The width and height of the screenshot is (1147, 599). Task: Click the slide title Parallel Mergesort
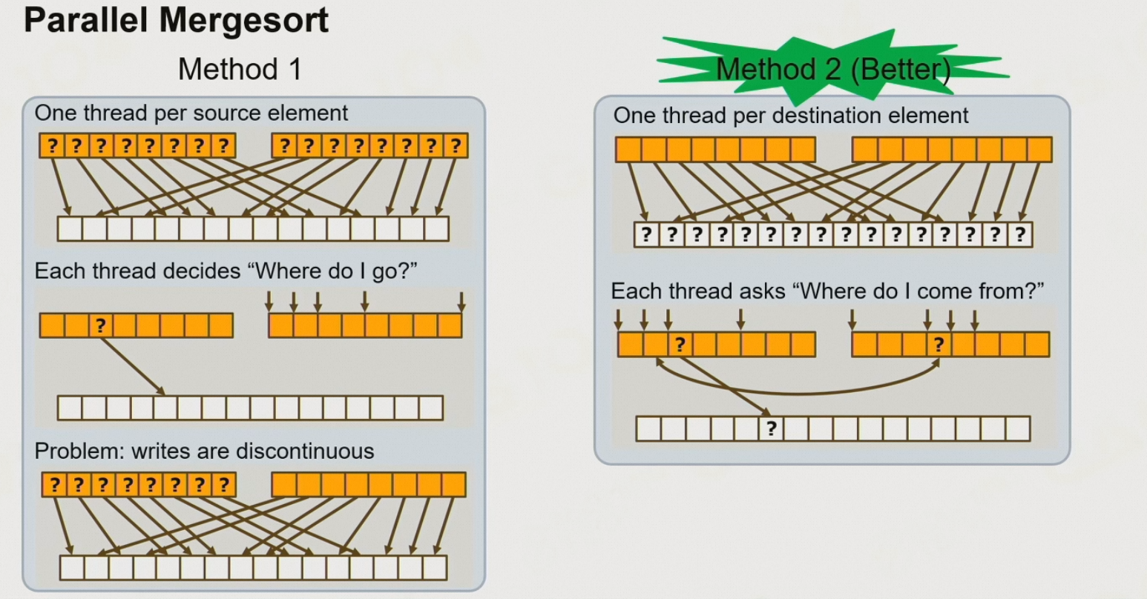(176, 20)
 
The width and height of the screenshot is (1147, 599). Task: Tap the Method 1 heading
(240, 70)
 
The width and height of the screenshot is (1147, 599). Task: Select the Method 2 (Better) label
(832, 70)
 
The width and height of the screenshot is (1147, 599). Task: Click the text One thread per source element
(191, 113)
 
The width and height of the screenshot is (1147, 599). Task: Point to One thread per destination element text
(791, 116)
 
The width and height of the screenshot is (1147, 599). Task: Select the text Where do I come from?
(918, 291)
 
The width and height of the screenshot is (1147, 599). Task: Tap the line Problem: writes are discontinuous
(204, 451)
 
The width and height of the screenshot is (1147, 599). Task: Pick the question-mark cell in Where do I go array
(101, 325)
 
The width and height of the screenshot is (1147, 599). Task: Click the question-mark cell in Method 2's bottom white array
(772, 428)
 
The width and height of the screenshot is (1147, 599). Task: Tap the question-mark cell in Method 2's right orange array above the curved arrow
(939, 345)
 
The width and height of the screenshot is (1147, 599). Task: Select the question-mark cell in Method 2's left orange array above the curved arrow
(680, 345)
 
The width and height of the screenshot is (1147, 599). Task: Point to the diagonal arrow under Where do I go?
(134, 365)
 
